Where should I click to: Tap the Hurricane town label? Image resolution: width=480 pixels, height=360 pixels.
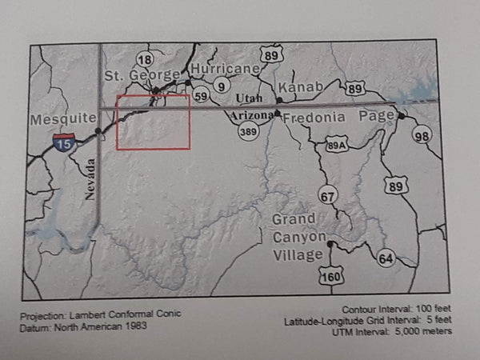tap(226, 69)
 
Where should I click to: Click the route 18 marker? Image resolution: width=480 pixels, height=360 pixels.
tap(145, 59)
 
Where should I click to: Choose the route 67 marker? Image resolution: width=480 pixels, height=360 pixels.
tap(328, 196)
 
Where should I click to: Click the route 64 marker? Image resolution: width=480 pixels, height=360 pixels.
tap(386, 258)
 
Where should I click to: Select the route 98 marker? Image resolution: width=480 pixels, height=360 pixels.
tap(422, 135)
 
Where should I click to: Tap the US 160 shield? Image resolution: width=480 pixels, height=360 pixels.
tap(330, 275)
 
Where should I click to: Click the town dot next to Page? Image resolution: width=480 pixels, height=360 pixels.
tap(402, 116)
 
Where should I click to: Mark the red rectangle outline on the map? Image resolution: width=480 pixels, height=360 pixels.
tap(153, 148)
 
